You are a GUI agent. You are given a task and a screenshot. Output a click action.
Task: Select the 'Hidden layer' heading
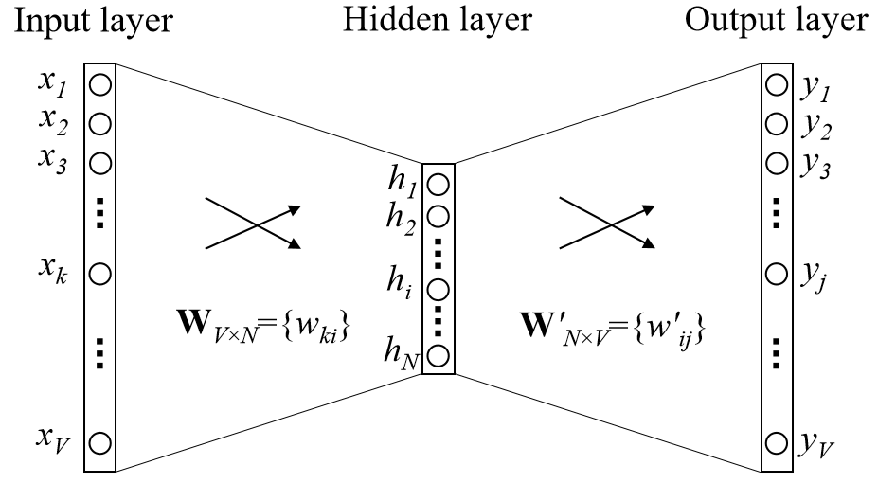click(439, 20)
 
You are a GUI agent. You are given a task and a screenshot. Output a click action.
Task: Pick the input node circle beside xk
click(100, 274)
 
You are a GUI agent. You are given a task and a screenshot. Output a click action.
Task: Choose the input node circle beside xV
click(100, 441)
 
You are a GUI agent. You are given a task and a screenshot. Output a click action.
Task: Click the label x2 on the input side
click(52, 122)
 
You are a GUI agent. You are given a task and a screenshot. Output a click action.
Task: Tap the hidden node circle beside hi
click(438, 290)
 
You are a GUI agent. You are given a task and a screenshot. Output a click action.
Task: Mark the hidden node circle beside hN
click(438, 356)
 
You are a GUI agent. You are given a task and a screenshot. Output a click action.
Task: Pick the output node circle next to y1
click(777, 85)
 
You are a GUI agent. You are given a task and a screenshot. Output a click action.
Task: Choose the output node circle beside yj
click(777, 274)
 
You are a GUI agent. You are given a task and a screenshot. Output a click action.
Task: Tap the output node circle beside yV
click(777, 441)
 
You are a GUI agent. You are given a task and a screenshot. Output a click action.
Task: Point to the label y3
click(815, 162)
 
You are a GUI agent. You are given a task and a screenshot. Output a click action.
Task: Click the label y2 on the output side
click(815, 124)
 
